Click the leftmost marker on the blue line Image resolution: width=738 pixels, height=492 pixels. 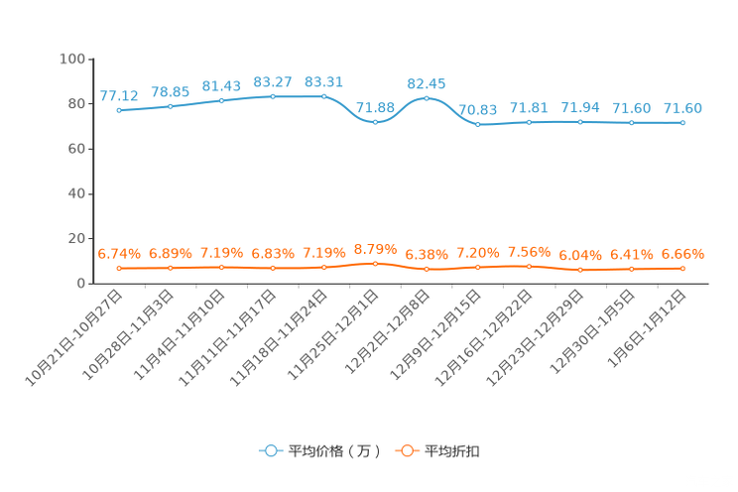coord(119,109)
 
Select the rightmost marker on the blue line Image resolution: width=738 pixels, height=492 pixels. coord(682,122)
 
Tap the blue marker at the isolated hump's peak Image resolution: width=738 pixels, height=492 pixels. coord(427,97)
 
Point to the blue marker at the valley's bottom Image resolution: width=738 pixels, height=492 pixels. coord(375,121)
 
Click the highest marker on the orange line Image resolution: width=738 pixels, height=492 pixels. coord(375,264)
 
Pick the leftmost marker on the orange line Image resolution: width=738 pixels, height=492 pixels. coord(119,269)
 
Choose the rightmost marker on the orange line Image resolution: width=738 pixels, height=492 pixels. coord(682,268)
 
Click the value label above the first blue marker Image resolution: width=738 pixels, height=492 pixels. coord(119,96)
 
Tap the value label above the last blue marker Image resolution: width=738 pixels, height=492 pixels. coord(682,107)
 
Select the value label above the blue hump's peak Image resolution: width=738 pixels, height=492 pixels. coord(427,83)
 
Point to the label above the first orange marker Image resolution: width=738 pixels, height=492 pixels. coord(119,255)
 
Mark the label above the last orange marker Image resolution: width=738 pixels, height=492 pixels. coord(682,255)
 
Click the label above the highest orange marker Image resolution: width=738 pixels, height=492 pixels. coord(375,249)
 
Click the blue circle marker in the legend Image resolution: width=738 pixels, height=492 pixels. coord(271,450)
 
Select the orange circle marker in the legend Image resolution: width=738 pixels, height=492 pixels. coord(407,450)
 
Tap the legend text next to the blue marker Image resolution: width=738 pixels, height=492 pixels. coord(334,451)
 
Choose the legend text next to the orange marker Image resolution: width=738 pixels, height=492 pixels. coord(453,451)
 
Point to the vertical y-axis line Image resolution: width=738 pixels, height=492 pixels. coord(90,169)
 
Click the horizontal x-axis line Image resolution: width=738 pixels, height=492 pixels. coord(397,284)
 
